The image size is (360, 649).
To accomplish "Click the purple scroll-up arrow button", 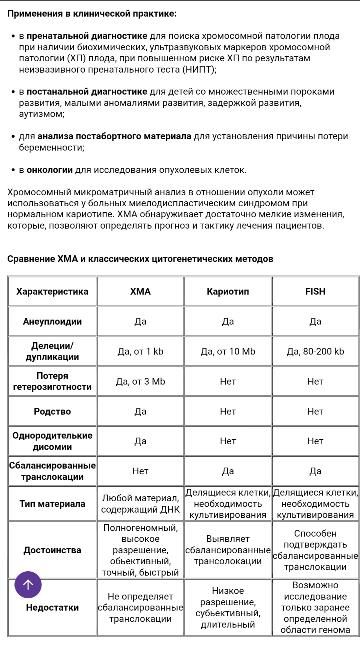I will [28, 585].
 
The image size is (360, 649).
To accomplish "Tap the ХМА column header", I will [140, 292].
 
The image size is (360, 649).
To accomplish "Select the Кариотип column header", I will [227, 292].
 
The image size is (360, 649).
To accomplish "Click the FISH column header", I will [315, 292].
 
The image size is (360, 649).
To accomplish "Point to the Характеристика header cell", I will [53, 292].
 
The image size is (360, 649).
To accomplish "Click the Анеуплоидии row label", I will [53, 321].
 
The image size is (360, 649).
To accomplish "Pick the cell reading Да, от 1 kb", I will [140, 351].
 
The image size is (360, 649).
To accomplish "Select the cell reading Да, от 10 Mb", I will [227, 351].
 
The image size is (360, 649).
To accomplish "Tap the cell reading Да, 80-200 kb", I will [315, 351].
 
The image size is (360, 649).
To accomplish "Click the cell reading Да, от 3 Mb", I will [140, 381].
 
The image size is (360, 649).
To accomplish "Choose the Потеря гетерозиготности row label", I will [53, 381].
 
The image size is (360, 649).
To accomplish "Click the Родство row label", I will [53, 411].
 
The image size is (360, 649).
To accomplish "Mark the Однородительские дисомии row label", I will [53, 440].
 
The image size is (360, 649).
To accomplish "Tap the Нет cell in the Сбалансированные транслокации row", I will [140, 470].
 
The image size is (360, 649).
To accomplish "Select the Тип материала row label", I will [53, 504].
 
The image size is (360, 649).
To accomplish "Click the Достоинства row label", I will [53, 549].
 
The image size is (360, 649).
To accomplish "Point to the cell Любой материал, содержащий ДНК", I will [140, 504].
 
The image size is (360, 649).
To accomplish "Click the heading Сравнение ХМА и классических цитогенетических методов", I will [140, 259].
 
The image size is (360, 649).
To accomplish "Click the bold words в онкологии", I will [47, 169].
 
